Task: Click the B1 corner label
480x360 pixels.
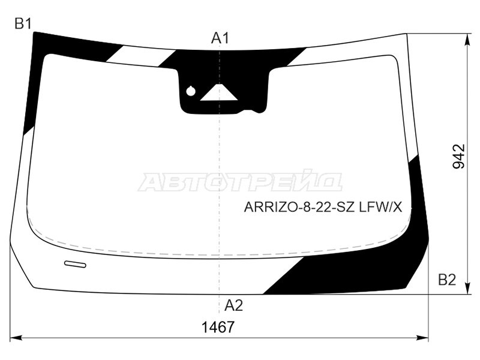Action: click(x=23, y=23)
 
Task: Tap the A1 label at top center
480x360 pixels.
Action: click(x=220, y=38)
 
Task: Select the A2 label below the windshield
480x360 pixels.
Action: click(x=233, y=305)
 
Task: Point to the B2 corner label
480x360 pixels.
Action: click(x=447, y=280)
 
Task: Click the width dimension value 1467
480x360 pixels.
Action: click(x=218, y=327)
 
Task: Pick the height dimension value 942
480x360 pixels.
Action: click(x=458, y=156)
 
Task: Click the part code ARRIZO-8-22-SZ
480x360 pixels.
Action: click(x=299, y=208)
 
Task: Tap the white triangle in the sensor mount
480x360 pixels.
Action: click(x=219, y=94)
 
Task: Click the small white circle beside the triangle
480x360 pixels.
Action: click(x=191, y=91)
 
